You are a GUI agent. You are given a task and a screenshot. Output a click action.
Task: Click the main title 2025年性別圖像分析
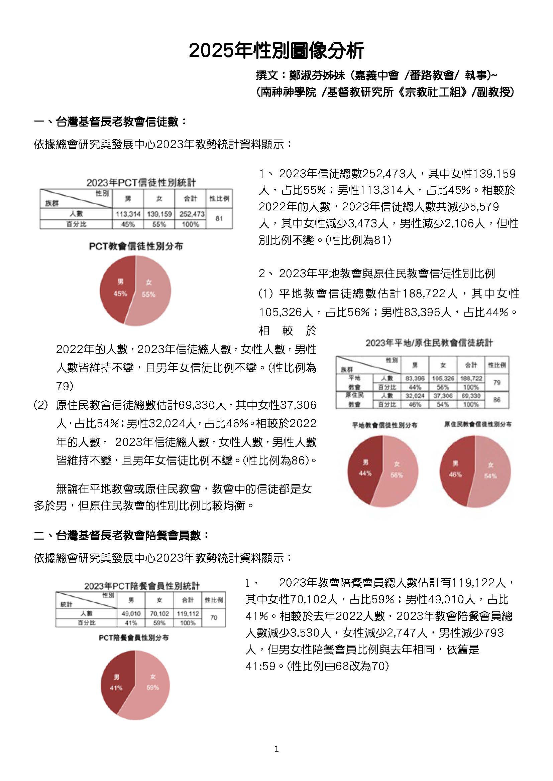point(276,51)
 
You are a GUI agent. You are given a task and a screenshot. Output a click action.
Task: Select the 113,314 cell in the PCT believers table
point(128,214)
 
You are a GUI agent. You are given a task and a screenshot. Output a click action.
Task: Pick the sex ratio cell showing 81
point(219,218)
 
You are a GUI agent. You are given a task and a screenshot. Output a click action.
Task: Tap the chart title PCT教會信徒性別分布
point(136,246)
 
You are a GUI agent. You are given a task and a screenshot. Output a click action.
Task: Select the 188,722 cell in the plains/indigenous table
point(471,378)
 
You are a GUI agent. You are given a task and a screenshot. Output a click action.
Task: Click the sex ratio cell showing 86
point(497,400)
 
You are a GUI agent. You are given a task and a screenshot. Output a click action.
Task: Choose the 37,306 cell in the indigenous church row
point(443,396)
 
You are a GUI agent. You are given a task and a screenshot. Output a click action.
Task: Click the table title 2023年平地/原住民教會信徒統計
point(429,343)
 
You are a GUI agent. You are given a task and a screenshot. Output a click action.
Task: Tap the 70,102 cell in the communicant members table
point(159,614)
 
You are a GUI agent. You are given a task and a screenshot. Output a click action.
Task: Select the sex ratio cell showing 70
point(214,617)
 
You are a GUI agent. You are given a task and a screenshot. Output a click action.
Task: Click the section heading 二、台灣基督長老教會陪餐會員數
point(121,535)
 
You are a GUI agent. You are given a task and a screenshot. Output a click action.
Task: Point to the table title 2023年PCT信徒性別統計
point(141,183)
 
